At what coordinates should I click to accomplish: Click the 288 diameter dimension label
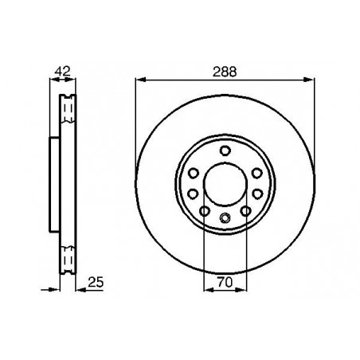point(224,71)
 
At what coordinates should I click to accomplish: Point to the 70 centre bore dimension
point(225,282)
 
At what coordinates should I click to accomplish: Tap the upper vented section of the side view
point(66,112)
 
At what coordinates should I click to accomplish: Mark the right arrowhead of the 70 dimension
point(242,290)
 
